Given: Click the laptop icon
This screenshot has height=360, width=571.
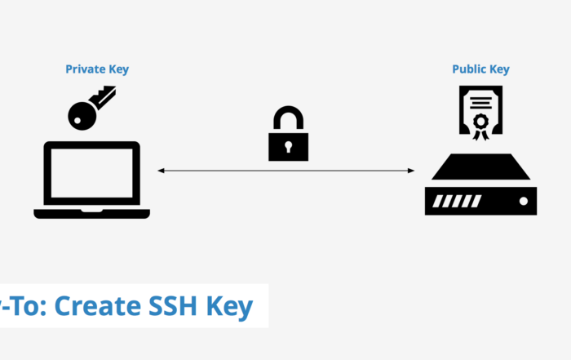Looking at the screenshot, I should (x=92, y=180).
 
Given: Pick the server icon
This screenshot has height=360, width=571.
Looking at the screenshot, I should (x=480, y=185).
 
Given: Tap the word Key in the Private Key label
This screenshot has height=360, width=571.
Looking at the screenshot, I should (x=118, y=69).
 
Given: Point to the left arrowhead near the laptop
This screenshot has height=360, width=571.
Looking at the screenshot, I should (x=161, y=171).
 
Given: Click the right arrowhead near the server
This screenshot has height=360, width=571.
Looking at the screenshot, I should (x=412, y=171).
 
